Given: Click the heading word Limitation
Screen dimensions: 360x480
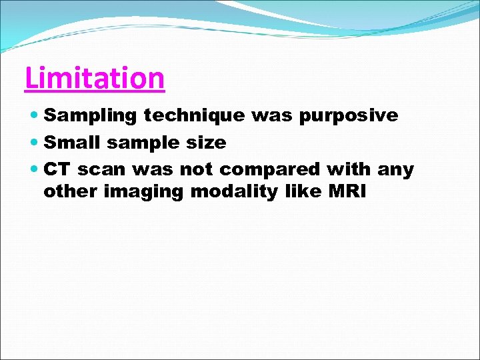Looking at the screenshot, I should point(94,78).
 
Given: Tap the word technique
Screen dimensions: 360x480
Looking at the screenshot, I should point(194,115).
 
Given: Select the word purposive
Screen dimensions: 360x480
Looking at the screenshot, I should point(348,115).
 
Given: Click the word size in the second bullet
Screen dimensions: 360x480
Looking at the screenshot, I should point(209,143).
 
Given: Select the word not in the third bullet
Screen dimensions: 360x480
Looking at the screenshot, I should point(199,170).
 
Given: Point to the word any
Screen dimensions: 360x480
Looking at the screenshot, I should point(395,170).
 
